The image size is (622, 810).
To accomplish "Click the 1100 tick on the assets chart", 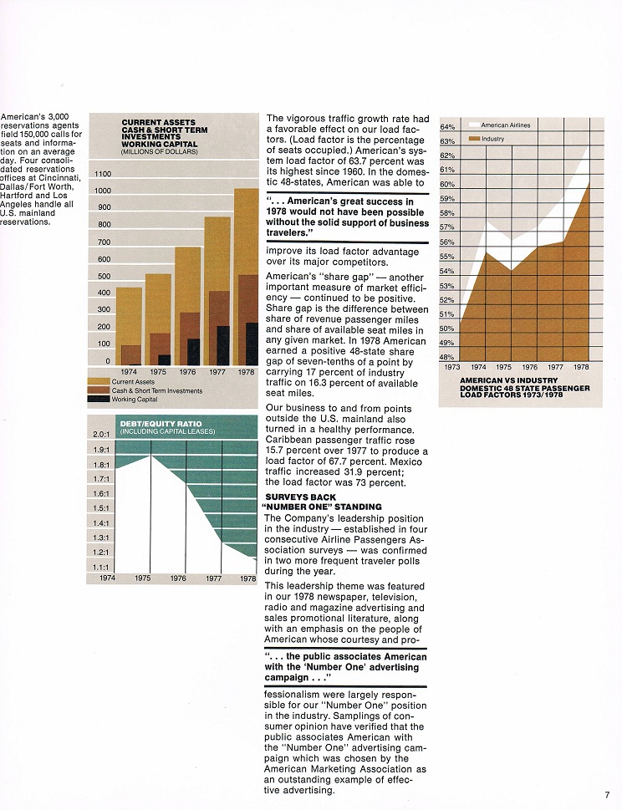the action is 103,174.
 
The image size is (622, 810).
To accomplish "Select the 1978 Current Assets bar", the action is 247,277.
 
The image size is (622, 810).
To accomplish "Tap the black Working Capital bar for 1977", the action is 223,345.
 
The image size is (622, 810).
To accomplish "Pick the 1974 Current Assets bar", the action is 129,327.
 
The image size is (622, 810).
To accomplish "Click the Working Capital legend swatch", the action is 99,399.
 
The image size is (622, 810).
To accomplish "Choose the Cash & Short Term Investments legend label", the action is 157,390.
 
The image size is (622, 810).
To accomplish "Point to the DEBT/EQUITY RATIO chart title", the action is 161,424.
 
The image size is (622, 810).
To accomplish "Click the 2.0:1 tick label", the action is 101,435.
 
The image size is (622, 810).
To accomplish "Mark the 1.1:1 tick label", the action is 100,568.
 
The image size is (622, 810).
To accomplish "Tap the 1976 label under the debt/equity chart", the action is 178,578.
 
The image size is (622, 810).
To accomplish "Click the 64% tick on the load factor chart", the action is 447,127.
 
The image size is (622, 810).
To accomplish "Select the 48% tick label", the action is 447,357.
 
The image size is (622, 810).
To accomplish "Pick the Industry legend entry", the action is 486,139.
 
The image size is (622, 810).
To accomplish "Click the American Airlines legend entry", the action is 499,125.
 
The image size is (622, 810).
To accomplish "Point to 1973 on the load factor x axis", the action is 452,367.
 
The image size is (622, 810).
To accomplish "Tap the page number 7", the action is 607,794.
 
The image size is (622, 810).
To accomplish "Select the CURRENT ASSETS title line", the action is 159,122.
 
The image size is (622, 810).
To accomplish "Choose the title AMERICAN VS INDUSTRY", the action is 502,380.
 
